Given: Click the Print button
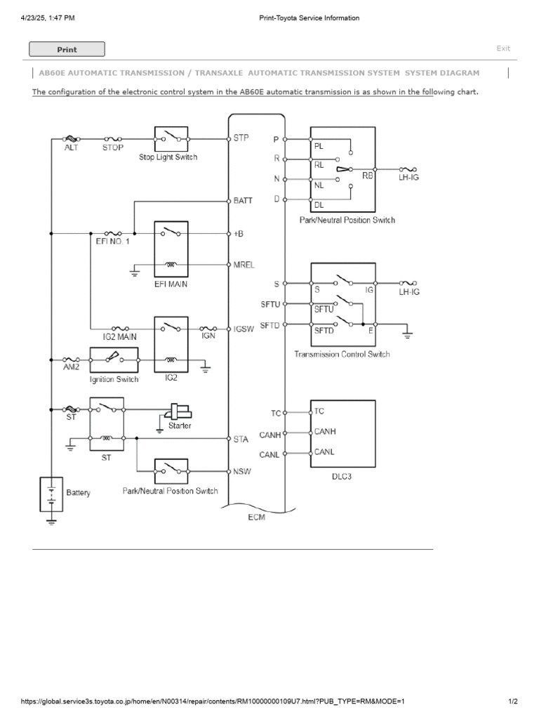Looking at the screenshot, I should pyautogui.click(x=67, y=49).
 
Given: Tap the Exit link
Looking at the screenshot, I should pyautogui.click(x=503, y=48).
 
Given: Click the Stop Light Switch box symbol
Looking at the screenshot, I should pyautogui.click(x=171, y=138).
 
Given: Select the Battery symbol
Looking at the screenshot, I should pyautogui.click(x=52, y=493).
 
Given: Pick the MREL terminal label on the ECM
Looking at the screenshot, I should pyautogui.click(x=244, y=265).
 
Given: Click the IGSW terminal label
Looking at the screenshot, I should pyautogui.click(x=244, y=329).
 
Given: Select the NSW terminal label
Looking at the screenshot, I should pyautogui.click(x=243, y=471).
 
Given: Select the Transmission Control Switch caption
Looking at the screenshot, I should pyautogui.click(x=342, y=355).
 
